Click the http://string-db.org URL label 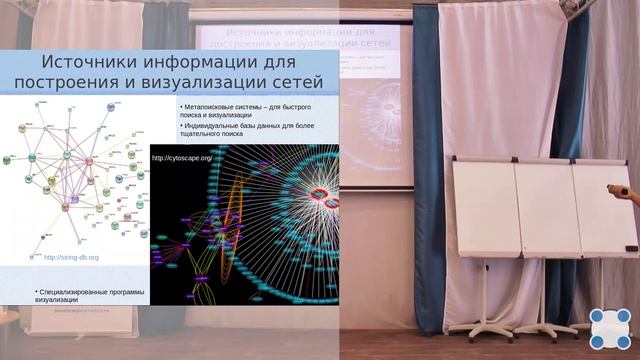coord(71,257)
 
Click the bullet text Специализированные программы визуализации coord(89,295)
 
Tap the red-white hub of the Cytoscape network coord(321,193)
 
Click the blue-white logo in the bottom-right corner coord(609,328)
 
